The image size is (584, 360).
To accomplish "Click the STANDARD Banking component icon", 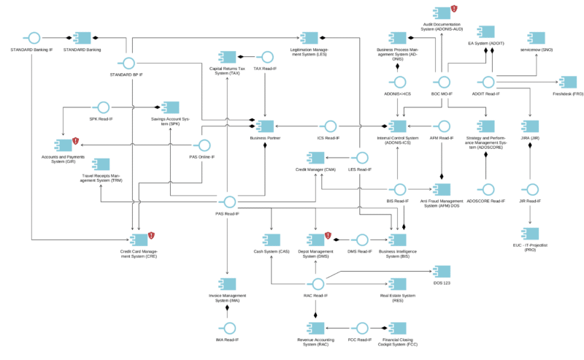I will pyautogui.click(x=81, y=38).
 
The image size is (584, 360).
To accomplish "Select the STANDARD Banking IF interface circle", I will pyautogui.click(x=31, y=38).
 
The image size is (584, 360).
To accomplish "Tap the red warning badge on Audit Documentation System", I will pyautogui.click(x=453, y=9).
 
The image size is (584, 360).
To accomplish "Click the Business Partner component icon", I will pyautogui.click(x=264, y=126).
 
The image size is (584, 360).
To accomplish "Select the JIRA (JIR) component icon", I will pyautogui.click(x=530, y=126).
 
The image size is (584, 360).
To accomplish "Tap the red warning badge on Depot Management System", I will pyautogui.click(x=328, y=236).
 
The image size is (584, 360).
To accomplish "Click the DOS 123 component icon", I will pyautogui.click(x=441, y=271).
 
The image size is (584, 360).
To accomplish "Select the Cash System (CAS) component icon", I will pyautogui.click(x=272, y=239).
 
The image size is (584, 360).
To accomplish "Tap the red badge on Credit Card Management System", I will pyautogui.click(x=152, y=235).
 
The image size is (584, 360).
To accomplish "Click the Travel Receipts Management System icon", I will pyautogui.click(x=101, y=164).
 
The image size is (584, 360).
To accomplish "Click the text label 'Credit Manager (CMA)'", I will pyautogui.click(x=315, y=169).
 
